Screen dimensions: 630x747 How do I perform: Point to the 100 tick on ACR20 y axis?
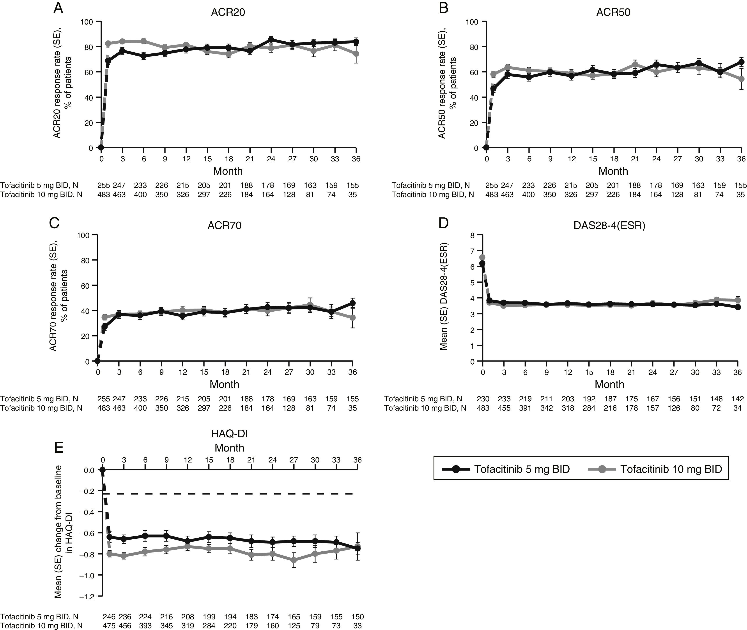tap(87, 22)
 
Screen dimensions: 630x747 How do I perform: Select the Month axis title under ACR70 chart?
tap(224, 384)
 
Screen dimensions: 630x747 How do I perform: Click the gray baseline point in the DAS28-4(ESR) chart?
tap(482, 257)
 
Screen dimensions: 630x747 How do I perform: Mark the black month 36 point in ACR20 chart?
tap(356, 41)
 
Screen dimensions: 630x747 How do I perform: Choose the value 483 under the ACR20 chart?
tap(104, 195)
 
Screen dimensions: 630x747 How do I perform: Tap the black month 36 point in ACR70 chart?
tap(353, 303)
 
